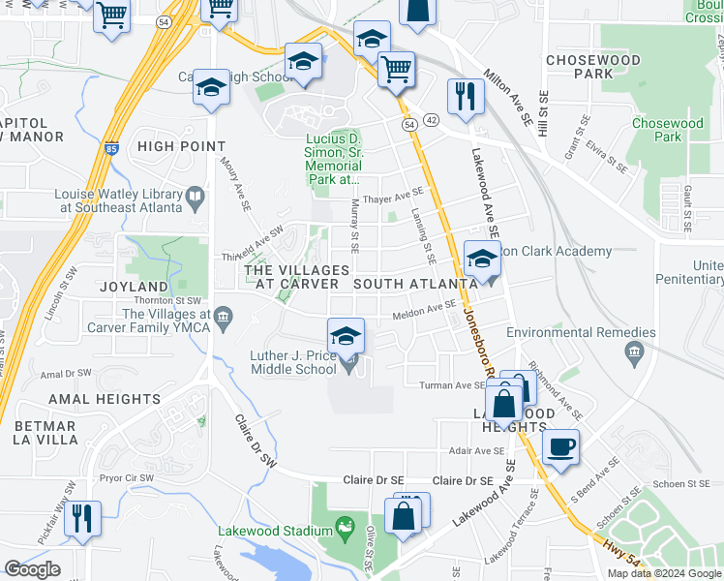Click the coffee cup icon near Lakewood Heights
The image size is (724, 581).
pos(560,447)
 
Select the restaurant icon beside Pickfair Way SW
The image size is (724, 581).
pos(83,518)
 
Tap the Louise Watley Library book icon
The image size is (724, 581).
pos(196,199)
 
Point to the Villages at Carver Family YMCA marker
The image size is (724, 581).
pos(224,315)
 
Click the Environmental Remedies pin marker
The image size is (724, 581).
pos(634,350)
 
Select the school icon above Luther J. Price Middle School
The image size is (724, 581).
pos(346,336)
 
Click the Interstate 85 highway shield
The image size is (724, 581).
pos(115,150)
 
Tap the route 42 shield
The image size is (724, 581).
pos(431,119)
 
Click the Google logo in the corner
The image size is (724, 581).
pos(32,569)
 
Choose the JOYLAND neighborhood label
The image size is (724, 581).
pos(134,287)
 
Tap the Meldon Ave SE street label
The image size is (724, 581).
pos(423,308)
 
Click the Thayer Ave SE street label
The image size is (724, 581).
pos(393,196)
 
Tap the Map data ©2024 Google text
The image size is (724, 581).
pos(664,573)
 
